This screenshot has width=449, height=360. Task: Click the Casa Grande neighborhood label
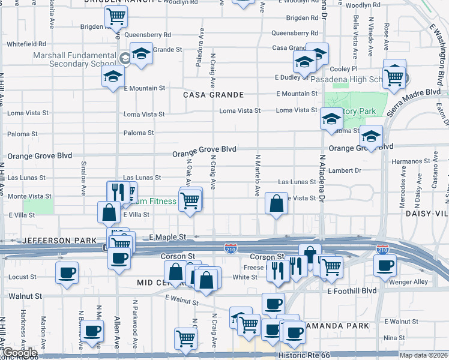tap(213, 95)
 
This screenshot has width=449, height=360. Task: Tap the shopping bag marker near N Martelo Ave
tap(276, 204)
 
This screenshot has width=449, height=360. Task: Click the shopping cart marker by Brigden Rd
tap(116, 17)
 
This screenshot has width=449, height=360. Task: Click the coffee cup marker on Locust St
tap(67, 272)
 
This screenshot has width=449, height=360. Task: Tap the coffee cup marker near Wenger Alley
tap(385, 265)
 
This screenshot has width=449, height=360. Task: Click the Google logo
tap(19, 353)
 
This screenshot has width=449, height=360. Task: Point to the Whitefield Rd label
tap(26, 44)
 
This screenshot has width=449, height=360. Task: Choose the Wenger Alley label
tap(408, 281)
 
